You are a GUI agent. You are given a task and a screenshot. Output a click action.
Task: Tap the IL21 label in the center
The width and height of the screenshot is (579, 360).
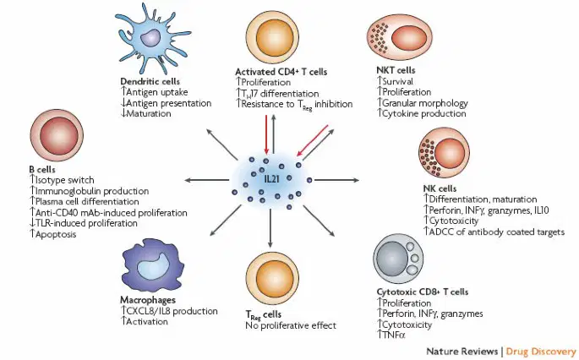(x=271, y=179)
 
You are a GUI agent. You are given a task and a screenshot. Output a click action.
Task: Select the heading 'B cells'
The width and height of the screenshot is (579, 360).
(x=42, y=170)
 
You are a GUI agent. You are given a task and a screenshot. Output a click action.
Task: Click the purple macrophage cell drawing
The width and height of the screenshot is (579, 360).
(x=152, y=265)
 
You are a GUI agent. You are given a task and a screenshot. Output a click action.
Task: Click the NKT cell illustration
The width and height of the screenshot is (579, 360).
(x=400, y=38)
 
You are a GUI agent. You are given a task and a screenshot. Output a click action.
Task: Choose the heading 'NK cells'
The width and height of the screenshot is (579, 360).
(x=440, y=188)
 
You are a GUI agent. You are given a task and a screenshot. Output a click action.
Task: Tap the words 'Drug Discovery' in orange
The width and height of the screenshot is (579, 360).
(x=541, y=352)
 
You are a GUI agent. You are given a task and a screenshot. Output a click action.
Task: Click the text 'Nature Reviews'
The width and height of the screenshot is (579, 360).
(x=462, y=352)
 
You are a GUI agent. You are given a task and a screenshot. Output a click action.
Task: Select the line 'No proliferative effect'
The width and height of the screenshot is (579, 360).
(x=291, y=325)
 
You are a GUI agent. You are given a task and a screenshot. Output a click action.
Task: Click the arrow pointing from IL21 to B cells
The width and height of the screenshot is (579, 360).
(x=207, y=180)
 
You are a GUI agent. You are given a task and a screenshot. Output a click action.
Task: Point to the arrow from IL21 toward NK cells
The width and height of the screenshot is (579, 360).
(x=336, y=180)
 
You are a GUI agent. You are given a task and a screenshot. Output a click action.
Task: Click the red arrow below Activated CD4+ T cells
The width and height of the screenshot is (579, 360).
(x=266, y=134)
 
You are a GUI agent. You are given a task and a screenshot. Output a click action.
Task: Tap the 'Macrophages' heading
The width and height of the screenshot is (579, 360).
(x=148, y=300)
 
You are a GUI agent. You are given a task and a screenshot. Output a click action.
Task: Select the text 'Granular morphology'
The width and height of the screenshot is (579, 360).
(x=425, y=102)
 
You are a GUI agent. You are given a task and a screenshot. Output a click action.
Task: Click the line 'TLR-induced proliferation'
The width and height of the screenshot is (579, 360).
(x=86, y=223)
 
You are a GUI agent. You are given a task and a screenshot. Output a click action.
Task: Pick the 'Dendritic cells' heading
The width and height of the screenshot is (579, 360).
(x=150, y=81)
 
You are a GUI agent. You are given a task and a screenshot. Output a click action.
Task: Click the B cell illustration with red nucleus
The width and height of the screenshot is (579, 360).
(x=56, y=135)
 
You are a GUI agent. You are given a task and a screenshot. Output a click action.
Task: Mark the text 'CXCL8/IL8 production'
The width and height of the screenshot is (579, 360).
(x=172, y=311)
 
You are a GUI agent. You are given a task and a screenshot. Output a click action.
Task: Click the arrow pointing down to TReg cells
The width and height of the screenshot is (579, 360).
(x=270, y=228)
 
